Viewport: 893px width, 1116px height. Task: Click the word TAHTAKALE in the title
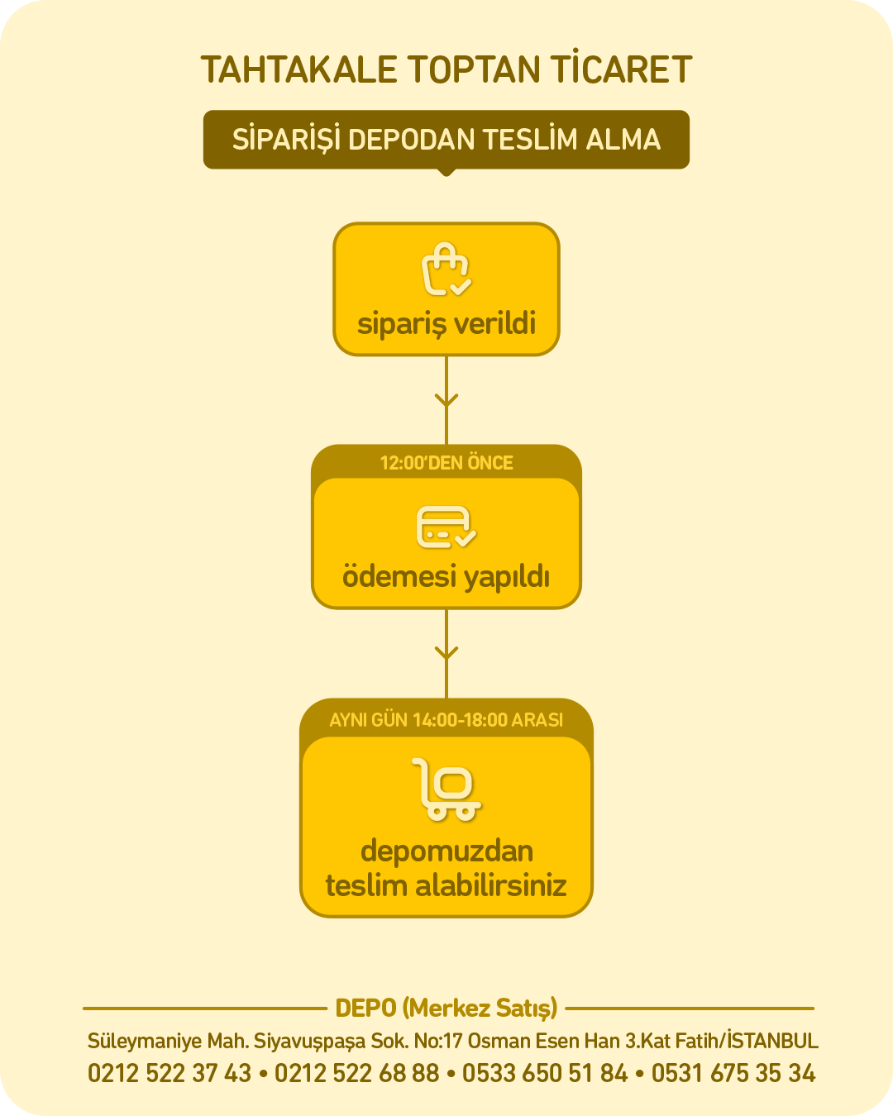coord(298,70)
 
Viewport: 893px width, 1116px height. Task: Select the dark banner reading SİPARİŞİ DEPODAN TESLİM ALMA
coord(446,140)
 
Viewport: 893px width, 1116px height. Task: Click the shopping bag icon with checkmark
coord(446,269)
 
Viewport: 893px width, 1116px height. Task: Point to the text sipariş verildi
coord(446,324)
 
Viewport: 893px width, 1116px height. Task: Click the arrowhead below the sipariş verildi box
coord(446,400)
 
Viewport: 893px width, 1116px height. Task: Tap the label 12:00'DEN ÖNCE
coord(446,463)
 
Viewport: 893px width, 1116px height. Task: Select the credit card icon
coord(446,527)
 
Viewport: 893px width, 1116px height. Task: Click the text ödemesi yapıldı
coord(446,577)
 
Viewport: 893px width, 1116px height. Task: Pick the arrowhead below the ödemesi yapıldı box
coord(446,652)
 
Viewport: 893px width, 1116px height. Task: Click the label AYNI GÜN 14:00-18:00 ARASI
coord(446,720)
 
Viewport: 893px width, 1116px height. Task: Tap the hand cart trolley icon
coord(446,789)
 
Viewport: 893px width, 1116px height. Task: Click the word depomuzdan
coord(446,851)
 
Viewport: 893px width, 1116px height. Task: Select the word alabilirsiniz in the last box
coord(490,885)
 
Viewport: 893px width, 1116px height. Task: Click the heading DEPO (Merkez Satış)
coord(446,1009)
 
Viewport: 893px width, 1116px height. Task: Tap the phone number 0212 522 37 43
coord(170,1073)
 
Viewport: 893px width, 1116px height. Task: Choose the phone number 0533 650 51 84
coord(545,1073)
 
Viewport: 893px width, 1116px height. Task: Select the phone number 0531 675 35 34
coord(733,1073)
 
